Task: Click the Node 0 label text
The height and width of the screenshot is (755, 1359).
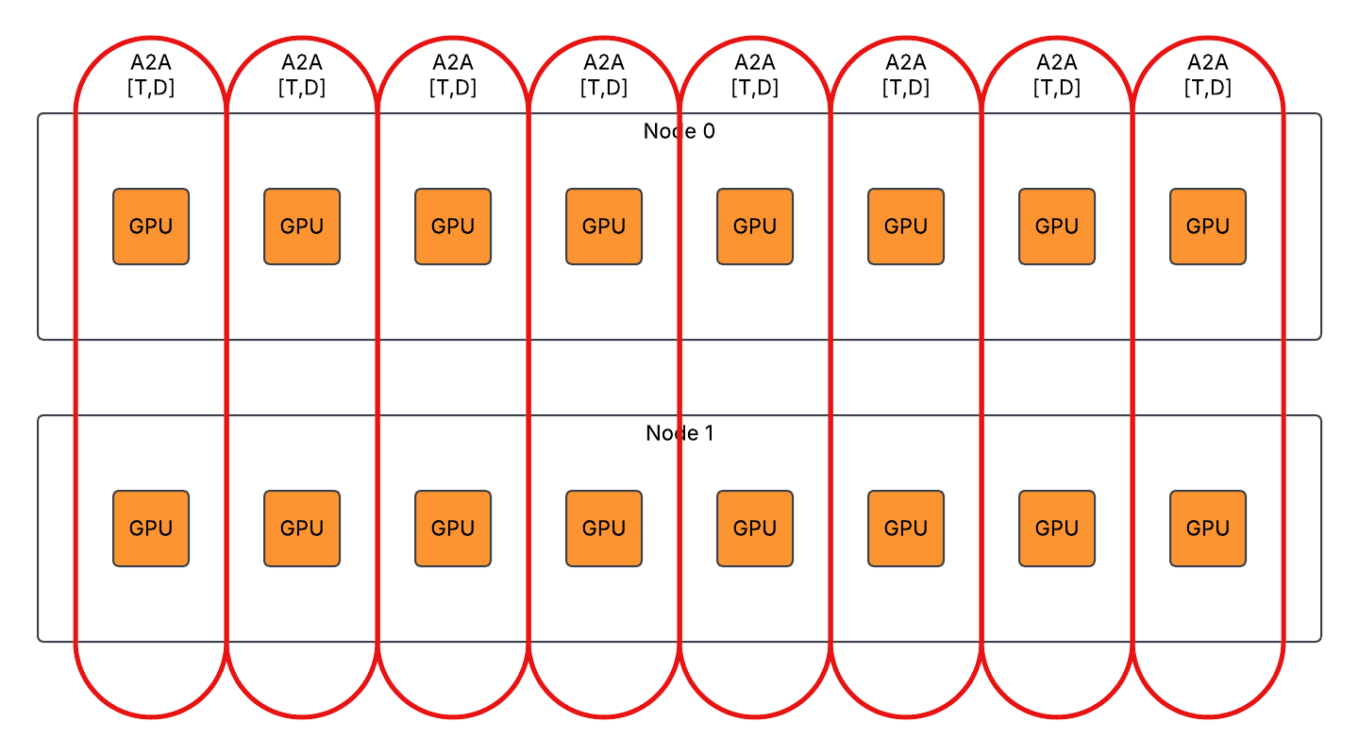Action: [679, 131]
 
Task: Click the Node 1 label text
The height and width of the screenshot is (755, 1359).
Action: [679, 433]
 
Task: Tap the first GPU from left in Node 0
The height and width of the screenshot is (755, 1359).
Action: [151, 226]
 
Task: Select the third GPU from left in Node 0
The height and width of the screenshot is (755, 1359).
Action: [453, 226]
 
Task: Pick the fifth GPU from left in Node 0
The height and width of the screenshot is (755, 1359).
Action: [755, 226]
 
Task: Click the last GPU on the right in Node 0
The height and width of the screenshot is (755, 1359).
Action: [1208, 226]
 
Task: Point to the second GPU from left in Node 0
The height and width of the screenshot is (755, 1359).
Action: [302, 226]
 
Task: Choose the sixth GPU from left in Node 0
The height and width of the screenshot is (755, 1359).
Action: [906, 226]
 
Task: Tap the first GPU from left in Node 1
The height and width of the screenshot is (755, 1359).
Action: [151, 528]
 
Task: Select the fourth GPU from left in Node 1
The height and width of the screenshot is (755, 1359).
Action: [604, 528]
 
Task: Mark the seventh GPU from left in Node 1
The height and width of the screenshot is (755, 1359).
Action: [1057, 528]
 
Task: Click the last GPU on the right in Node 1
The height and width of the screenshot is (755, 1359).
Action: [1208, 528]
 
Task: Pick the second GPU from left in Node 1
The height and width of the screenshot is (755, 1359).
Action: [302, 528]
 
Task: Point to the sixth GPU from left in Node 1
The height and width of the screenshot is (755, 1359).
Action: [906, 528]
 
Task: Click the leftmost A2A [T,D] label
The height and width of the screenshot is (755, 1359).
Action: [151, 75]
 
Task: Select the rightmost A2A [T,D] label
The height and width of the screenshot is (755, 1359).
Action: [1208, 75]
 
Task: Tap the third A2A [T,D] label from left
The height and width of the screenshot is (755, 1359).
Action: [453, 75]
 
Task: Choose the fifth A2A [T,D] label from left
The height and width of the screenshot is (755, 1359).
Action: [755, 75]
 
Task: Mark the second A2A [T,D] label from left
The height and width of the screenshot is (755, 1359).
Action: [302, 75]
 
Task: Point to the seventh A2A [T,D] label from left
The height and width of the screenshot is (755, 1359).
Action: [1057, 75]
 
